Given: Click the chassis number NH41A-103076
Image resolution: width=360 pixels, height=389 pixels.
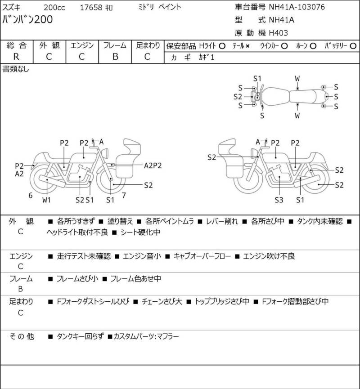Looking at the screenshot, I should pyautogui.click(x=297, y=7).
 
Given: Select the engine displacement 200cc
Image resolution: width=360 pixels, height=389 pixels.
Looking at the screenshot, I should pyautogui.click(x=54, y=7).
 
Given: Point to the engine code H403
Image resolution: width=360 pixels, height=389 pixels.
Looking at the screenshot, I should pyautogui.click(x=279, y=33).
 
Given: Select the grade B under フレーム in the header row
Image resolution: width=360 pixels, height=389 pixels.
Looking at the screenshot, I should pyautogui.click(x=115, y=56).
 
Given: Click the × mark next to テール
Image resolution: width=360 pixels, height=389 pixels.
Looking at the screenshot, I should pyautogui.click(x=247, y=46).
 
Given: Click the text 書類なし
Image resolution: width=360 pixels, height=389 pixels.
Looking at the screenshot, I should pyautogui.click(x=16, y=69).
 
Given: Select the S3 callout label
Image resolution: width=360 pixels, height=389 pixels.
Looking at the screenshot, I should pyautogui.click(x=279, y=199).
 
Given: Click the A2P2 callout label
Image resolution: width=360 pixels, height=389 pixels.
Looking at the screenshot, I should pyautogui.click(x=153, y=165).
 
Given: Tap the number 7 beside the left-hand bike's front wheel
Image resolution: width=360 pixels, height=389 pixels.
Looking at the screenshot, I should pyautogui.click(x=124, y=195).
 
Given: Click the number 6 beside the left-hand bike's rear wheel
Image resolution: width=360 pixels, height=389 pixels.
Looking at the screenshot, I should pyautogui.click(x=30, y=195).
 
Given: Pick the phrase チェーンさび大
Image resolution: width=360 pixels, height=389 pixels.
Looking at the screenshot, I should pyautogui.click(x=162, y=301).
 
